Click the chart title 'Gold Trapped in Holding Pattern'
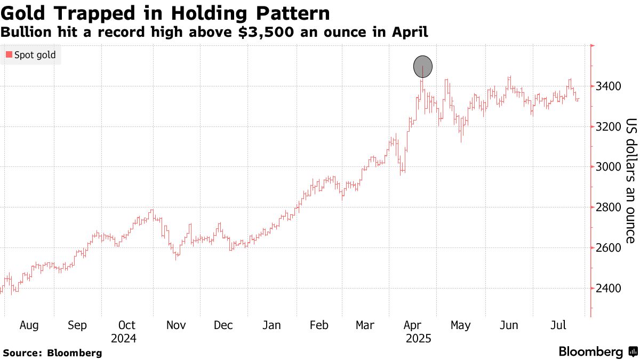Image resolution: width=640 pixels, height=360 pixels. click(x=165, y=13)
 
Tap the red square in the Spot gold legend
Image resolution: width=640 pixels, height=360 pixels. click(x=9, y=54)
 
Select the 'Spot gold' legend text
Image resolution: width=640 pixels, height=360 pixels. click(x=35, y=54)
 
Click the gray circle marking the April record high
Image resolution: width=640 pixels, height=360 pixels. click(x=423, y=67)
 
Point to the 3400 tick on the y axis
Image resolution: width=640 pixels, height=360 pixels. click(x=607, y=86)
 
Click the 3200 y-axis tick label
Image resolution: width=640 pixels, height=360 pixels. click(x=607, y=126)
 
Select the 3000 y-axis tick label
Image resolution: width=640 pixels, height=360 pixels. click(x=607, y=167)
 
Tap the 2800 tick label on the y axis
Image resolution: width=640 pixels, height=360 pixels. click(x=607, y=207)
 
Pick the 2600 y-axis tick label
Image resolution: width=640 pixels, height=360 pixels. click(x=607, y=248)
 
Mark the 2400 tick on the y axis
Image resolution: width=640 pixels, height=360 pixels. click(x=607, y=289)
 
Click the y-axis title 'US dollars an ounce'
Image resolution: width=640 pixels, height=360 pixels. click(x=630, y=181)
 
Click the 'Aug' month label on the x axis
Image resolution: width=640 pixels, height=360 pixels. click(x=29, y=325)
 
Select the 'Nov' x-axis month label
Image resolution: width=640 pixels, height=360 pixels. click(x=176, y=325)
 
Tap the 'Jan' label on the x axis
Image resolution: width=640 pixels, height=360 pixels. click(x=272, y=325)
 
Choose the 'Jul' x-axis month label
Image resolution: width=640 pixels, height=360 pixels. click(x=558, y=325)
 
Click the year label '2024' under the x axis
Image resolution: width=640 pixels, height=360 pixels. click(x=124, y=339)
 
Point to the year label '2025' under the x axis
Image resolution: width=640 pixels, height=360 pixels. click(x=418, y=339)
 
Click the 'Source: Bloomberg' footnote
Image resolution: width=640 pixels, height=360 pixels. click(x=52, y=353)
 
